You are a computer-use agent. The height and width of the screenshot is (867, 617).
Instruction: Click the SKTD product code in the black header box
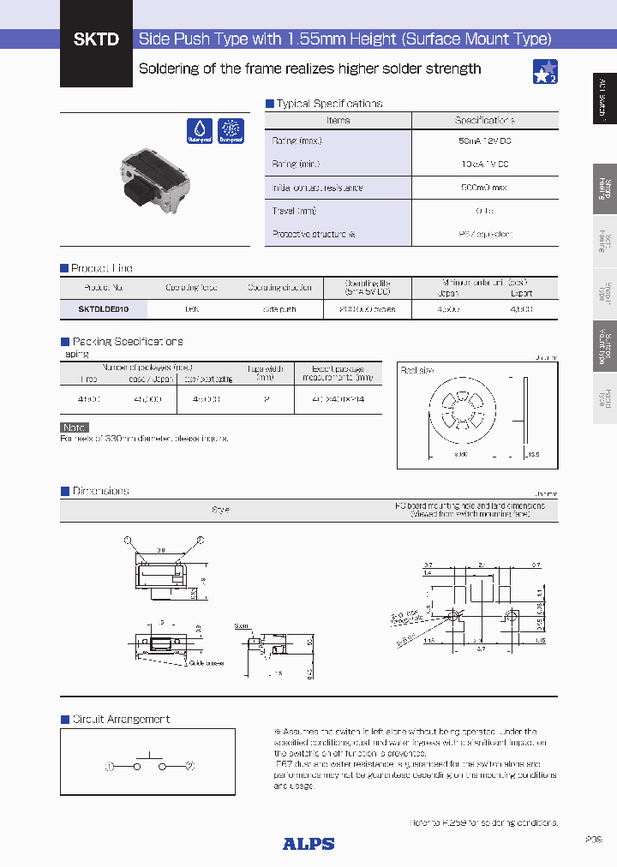95,39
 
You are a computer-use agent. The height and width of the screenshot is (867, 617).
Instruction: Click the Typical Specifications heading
328,104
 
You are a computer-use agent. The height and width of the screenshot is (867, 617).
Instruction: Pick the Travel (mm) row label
294,211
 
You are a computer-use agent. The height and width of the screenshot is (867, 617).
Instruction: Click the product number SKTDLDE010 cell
104,309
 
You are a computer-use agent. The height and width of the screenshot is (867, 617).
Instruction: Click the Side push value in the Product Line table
279,309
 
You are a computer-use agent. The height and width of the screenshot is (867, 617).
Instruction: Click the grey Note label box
75,428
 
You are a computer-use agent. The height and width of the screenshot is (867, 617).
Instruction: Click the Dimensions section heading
100,491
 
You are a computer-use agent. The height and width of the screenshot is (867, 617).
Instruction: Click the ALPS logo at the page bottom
308,844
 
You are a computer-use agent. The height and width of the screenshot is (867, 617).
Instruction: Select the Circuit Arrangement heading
121,720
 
